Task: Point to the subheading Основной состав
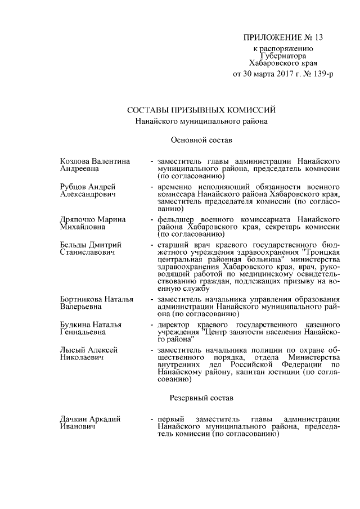[x=201, y=138]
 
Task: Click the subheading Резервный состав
[x=201, y=398]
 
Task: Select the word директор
[x=174, y=325]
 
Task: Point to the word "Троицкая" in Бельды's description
[x=321, y=253]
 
